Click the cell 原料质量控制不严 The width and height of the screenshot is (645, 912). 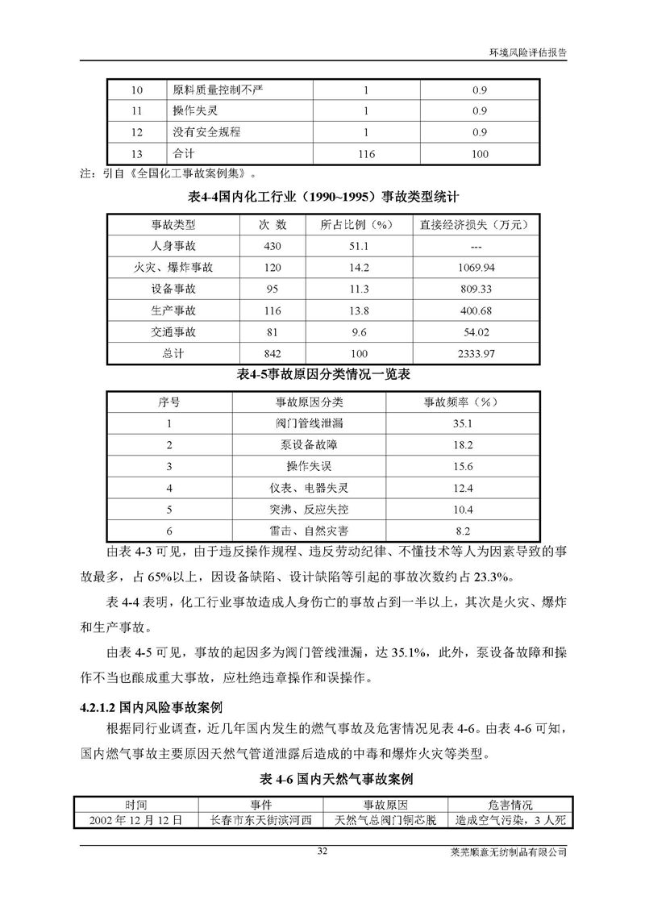point(213,90)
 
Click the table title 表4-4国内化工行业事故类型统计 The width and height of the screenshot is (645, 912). point(322,196)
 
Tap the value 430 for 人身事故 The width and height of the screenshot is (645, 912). point(272,245)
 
